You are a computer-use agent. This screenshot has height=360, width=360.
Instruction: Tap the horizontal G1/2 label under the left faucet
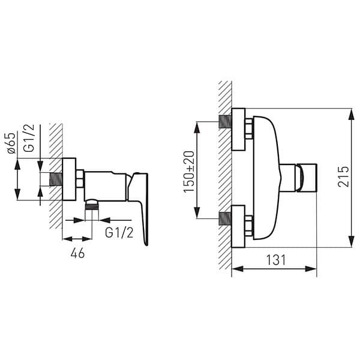119,233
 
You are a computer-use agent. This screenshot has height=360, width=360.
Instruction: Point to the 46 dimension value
77,253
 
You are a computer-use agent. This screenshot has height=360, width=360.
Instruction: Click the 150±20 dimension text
189,171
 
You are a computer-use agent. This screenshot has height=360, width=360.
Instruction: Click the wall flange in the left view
69,179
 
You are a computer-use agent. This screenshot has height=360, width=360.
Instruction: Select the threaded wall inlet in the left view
55,179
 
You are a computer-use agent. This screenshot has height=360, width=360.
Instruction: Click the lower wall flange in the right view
238,226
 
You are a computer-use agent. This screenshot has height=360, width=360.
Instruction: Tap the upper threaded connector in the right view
224,122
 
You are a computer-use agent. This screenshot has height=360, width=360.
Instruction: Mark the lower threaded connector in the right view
224,219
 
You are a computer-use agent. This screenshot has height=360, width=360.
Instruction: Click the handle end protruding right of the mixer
307,178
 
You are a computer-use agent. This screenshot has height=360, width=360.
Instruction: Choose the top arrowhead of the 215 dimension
350,113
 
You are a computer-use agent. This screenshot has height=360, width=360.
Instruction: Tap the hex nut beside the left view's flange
79,179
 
